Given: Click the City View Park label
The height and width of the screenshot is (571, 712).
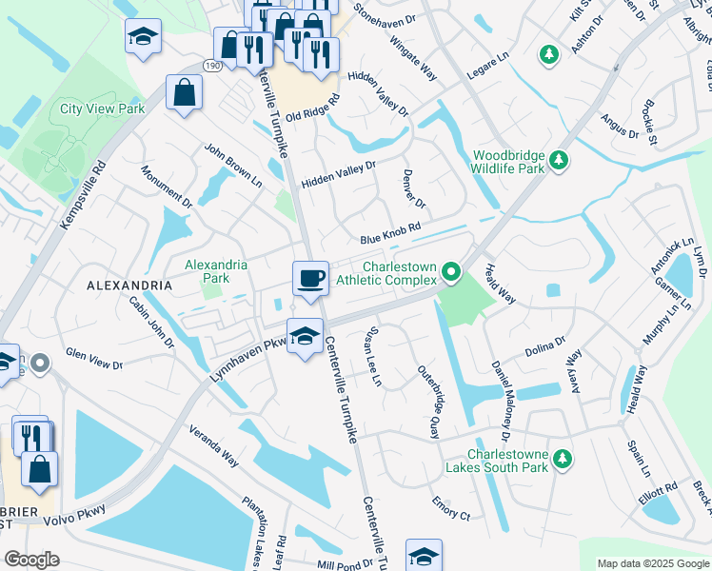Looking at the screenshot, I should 102,109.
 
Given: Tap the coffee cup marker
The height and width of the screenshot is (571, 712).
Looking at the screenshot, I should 310,279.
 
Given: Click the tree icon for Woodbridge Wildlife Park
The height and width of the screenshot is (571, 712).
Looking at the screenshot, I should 561,159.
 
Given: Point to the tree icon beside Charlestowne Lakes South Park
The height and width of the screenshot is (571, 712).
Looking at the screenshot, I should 563,460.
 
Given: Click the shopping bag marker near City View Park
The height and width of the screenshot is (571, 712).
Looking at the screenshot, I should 184,93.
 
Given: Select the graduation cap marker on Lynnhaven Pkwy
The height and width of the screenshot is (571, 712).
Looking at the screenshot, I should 305,336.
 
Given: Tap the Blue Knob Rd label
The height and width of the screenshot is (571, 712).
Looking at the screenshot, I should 389,239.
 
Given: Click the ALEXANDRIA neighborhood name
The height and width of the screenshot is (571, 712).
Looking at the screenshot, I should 129,285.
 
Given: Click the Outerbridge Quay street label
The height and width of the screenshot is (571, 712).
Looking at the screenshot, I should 429,401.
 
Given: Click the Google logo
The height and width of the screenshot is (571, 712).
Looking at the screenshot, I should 31,560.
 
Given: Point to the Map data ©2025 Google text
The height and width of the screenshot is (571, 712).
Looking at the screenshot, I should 652,563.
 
